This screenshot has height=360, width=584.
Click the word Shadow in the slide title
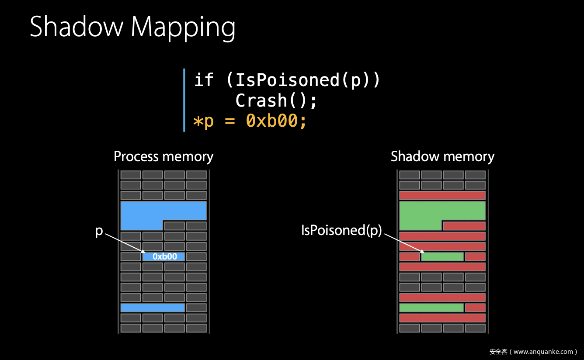[x=76, y=26]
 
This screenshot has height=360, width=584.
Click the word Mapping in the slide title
[x=183, y=28]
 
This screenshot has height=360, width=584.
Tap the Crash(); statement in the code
[x=276, y=100]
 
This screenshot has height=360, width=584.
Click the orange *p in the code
[x=203, y=121]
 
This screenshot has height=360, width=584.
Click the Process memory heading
[x=163, y=157]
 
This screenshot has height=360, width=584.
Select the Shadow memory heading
[x=442, y=157]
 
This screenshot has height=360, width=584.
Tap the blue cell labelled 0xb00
[x=163, y=256]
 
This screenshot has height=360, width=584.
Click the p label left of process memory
[x=99, y=231]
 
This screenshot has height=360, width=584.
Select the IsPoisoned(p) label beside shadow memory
[x=341, y=231]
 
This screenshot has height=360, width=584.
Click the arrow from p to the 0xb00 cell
[x=125, y=243]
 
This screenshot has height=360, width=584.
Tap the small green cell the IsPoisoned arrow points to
[x=442, y=256]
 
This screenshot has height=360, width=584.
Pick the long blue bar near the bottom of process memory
[x=153, y=308]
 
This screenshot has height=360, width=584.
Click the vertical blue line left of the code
[x=184, y=100]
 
